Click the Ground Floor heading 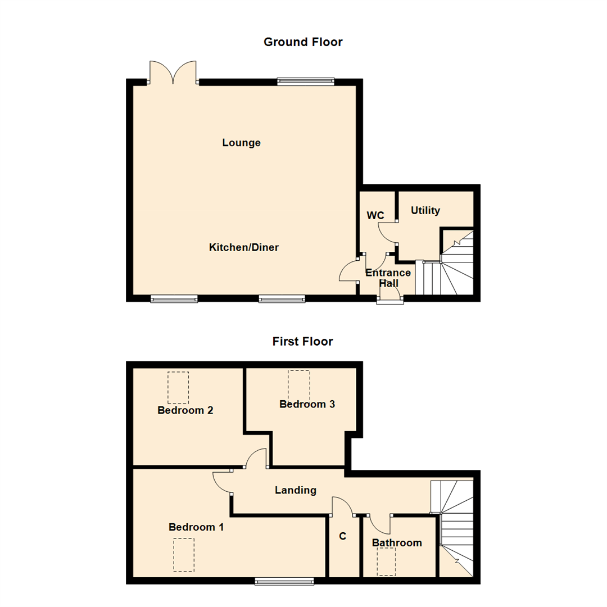[303, 42]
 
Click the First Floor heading [303, 341]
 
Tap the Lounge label [242, 143]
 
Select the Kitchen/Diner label [244, 247]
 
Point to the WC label [375, 215]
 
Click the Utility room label [425, 211]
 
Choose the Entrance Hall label [388, 278]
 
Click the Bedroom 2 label [185, 410]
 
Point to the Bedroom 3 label [307, 404]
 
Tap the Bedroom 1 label [197, 527]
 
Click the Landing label [296, 490]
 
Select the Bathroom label [397, 543]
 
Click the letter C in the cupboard [342, 537]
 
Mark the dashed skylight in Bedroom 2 [178, 387]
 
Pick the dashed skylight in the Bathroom [386, 561]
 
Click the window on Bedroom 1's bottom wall [284, 581]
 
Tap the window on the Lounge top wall [306, 81]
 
